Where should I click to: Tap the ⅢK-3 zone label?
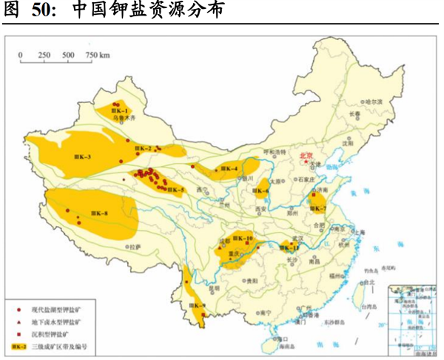[x=83, y=157]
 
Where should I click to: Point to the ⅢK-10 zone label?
[x=243, y=238]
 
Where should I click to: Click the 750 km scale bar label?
[x=98, y=54]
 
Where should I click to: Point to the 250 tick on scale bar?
[x=44, y=54]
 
